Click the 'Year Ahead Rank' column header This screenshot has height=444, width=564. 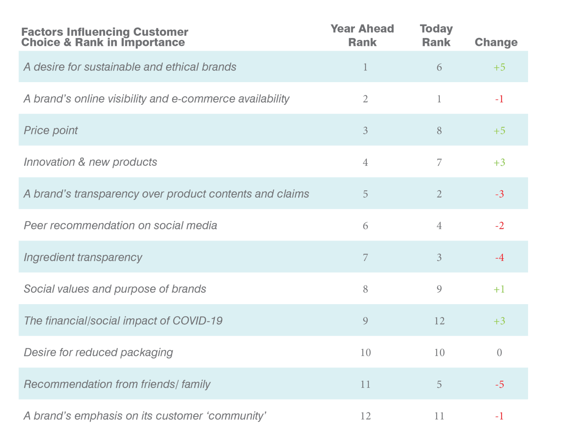[362, 36]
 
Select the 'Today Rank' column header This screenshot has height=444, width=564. [436, 36]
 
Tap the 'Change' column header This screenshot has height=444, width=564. [496, 42]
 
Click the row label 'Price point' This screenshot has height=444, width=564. [51, 131]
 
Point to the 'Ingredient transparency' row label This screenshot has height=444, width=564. [83, 258]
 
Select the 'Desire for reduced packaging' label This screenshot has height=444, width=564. [99, 353]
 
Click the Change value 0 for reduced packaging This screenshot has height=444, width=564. [499, 353]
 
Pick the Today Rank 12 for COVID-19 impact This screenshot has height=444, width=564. [439, 321]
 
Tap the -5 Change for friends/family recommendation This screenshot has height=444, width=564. [499, 384]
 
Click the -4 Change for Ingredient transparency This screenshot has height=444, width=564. [499, 258]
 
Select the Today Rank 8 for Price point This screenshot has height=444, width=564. [439, 131]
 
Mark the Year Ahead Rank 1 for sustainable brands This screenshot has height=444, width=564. [366, 67]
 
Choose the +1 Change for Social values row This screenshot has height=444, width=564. [499, 289]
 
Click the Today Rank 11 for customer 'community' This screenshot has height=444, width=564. [439, 416]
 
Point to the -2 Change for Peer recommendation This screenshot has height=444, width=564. [499, 226]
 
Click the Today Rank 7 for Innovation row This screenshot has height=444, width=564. [439, 162]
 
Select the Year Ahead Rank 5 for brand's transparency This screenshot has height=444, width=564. [366, 194]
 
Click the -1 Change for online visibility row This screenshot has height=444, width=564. [499, 99]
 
